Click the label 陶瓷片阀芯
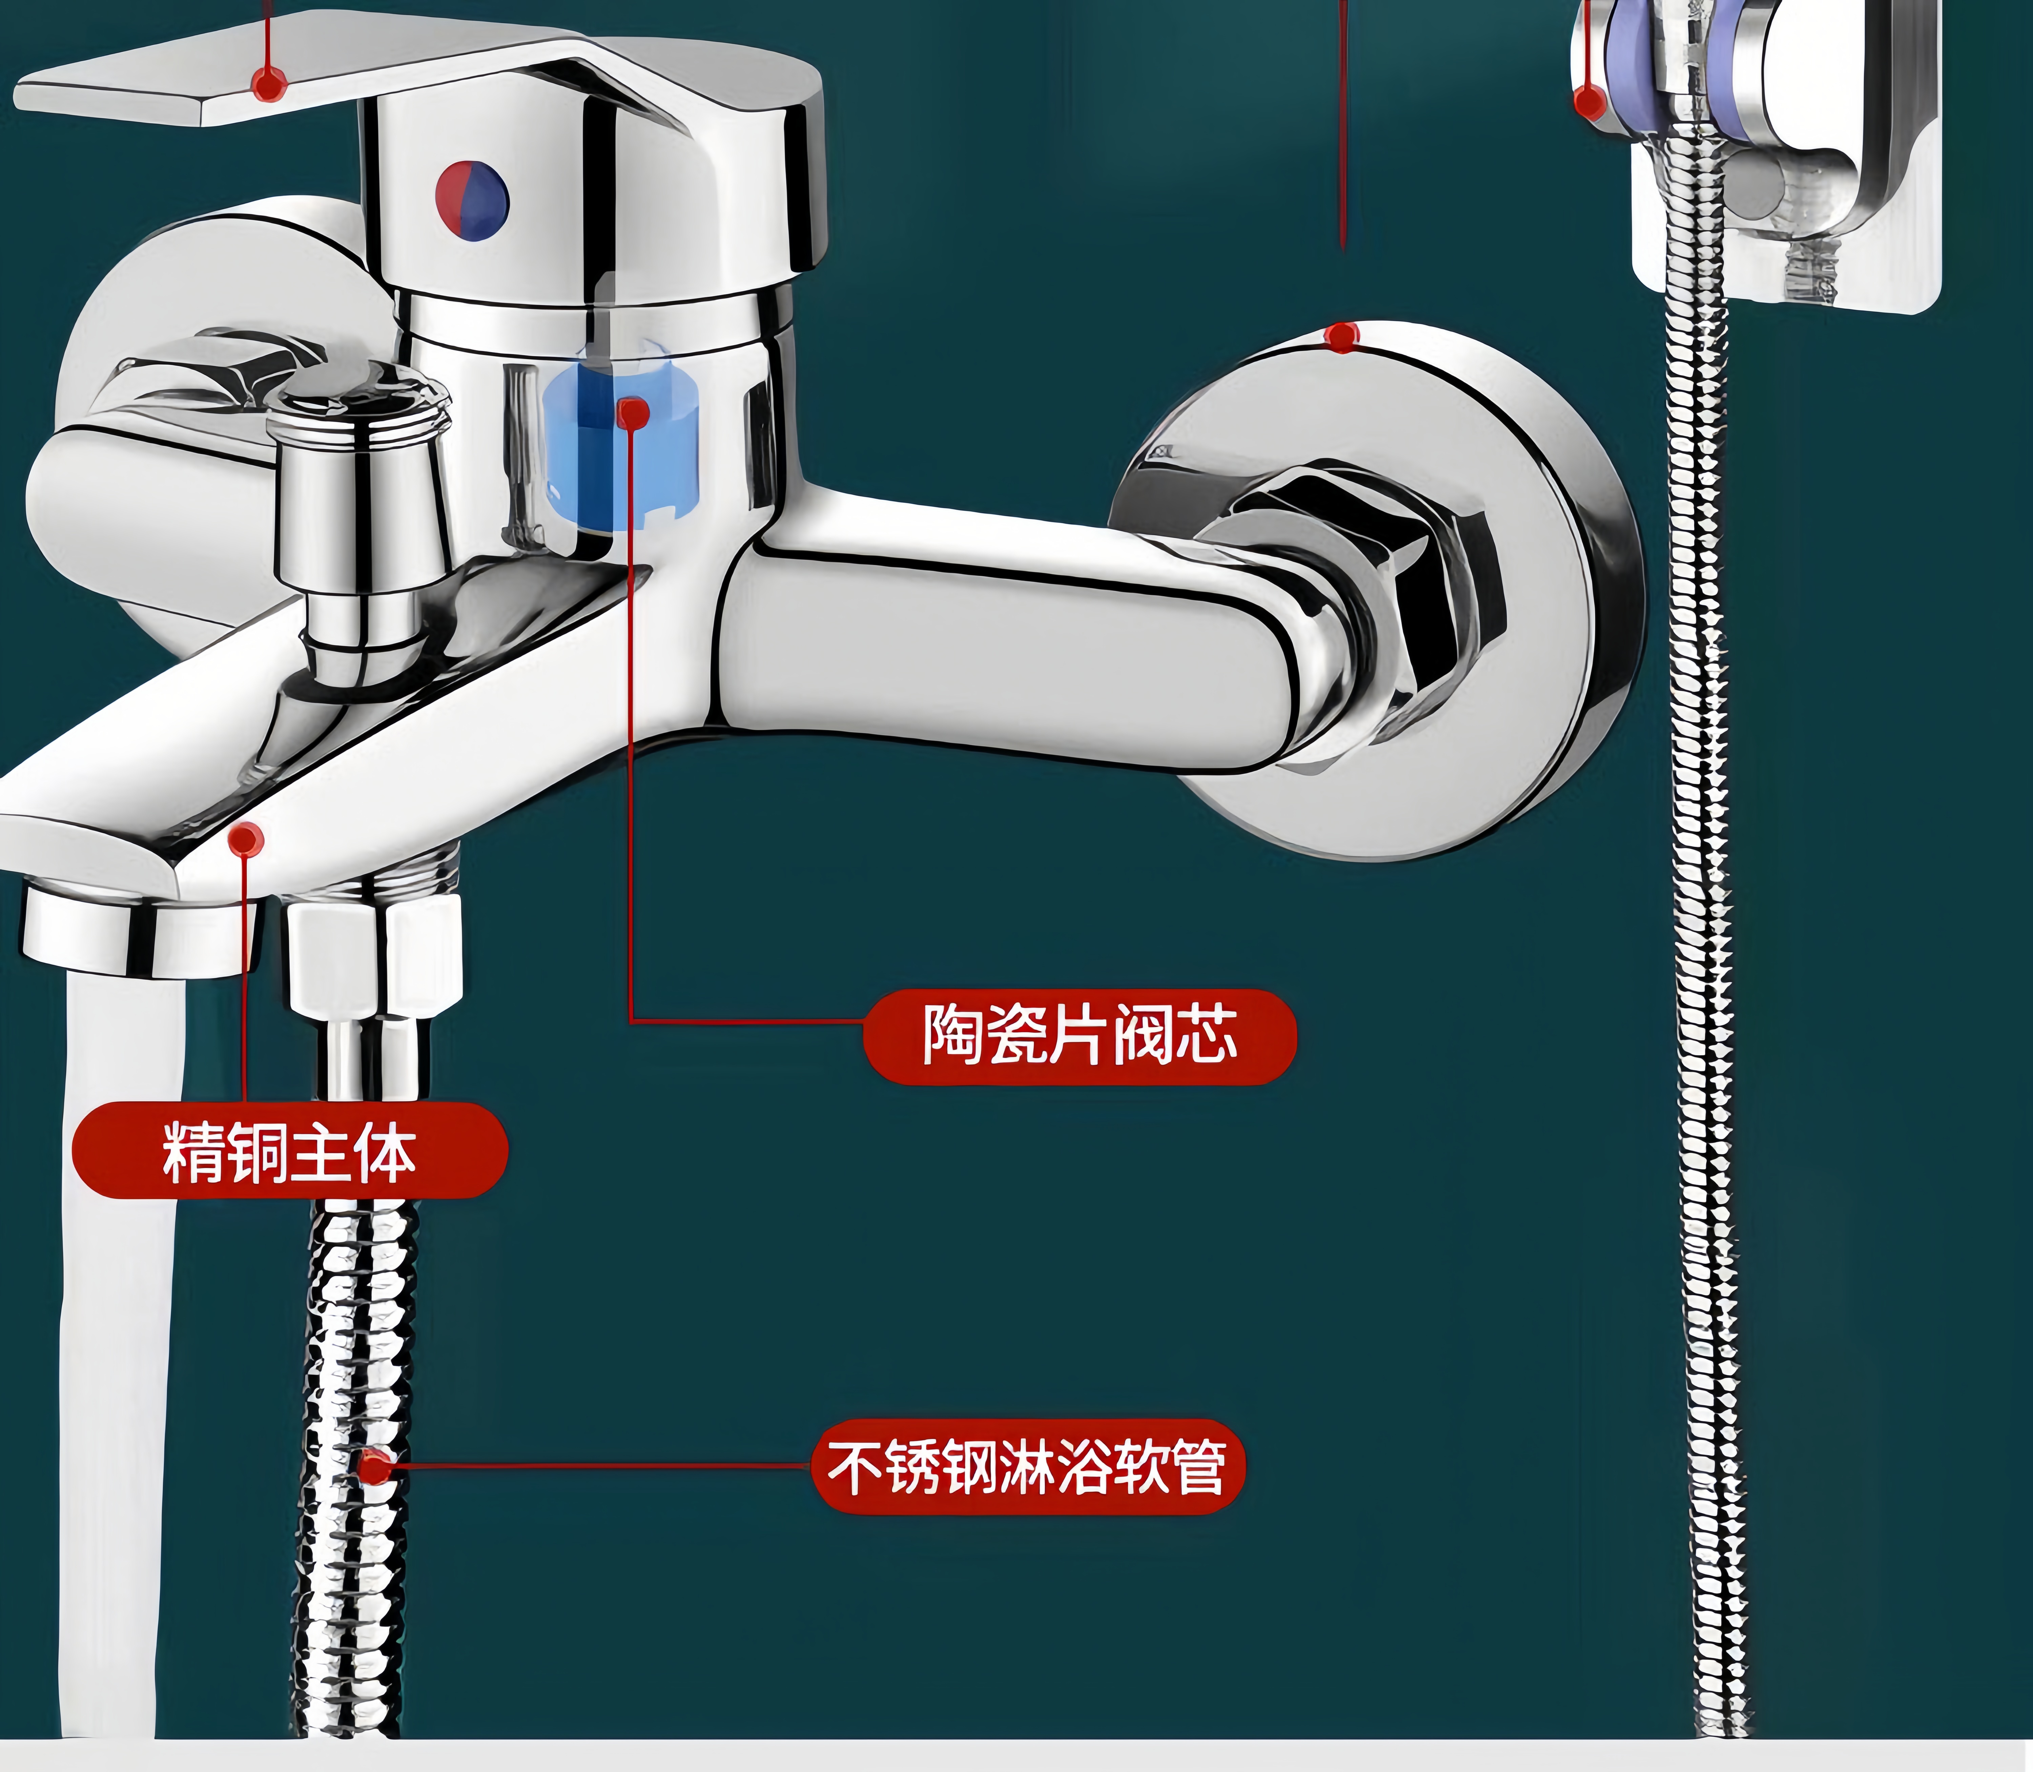pos(1079,1035)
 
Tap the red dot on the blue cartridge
pos(633,412)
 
